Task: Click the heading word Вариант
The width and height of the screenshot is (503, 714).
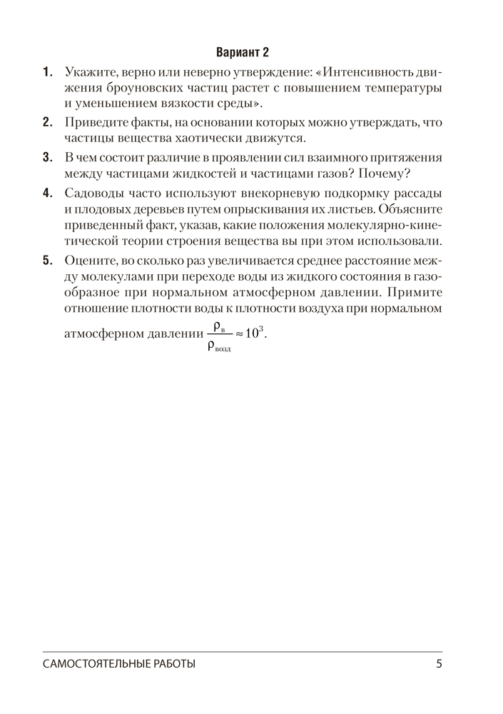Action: click(x=235, y=52)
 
